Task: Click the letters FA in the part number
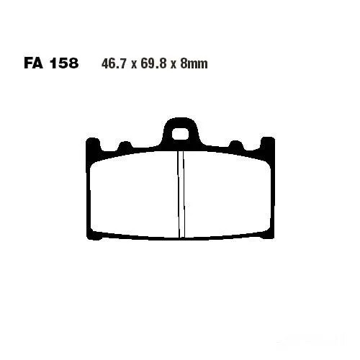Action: (x=33, y=63)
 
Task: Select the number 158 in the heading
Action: (x=64, y=63)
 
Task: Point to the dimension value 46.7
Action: (x=114, y=64)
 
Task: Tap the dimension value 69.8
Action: (x=153, y=64)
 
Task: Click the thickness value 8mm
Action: (x=194, y=64)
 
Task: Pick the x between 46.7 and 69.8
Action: (x=133, y=65)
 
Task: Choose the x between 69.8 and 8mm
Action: (x=174, y=65)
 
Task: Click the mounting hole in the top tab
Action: (x=180, y=134)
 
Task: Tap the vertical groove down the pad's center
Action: (x=181, y=194)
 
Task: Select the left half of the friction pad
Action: (x=135, y=194)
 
